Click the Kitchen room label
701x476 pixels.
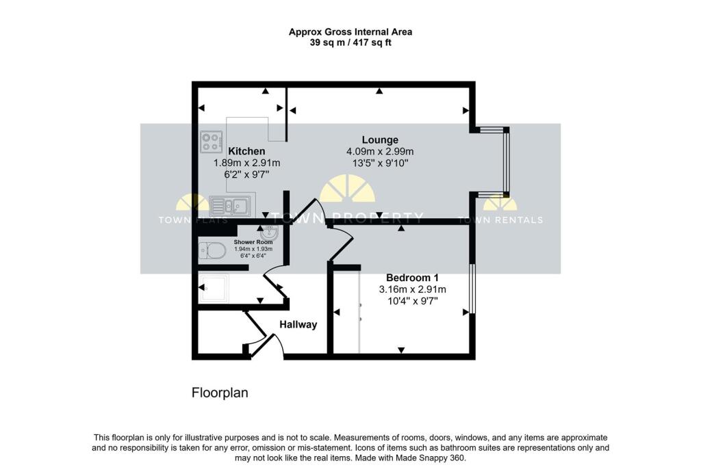246,151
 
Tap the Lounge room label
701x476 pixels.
380,140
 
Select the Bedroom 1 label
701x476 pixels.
412,277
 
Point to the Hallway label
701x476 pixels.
298,325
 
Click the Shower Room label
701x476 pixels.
253,242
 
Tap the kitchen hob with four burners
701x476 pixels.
212,142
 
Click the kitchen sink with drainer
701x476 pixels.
230,207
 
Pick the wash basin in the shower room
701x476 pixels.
269,233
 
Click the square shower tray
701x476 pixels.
214,289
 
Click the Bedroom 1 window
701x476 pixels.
472,289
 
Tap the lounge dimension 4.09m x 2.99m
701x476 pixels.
380,152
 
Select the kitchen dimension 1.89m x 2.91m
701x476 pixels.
246,163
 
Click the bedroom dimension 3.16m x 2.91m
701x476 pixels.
412,289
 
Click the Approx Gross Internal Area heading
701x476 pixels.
350,32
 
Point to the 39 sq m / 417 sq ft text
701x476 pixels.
350,43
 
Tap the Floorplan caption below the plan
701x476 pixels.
220,393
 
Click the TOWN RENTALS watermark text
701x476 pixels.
500,220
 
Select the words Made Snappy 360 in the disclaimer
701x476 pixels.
430,458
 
